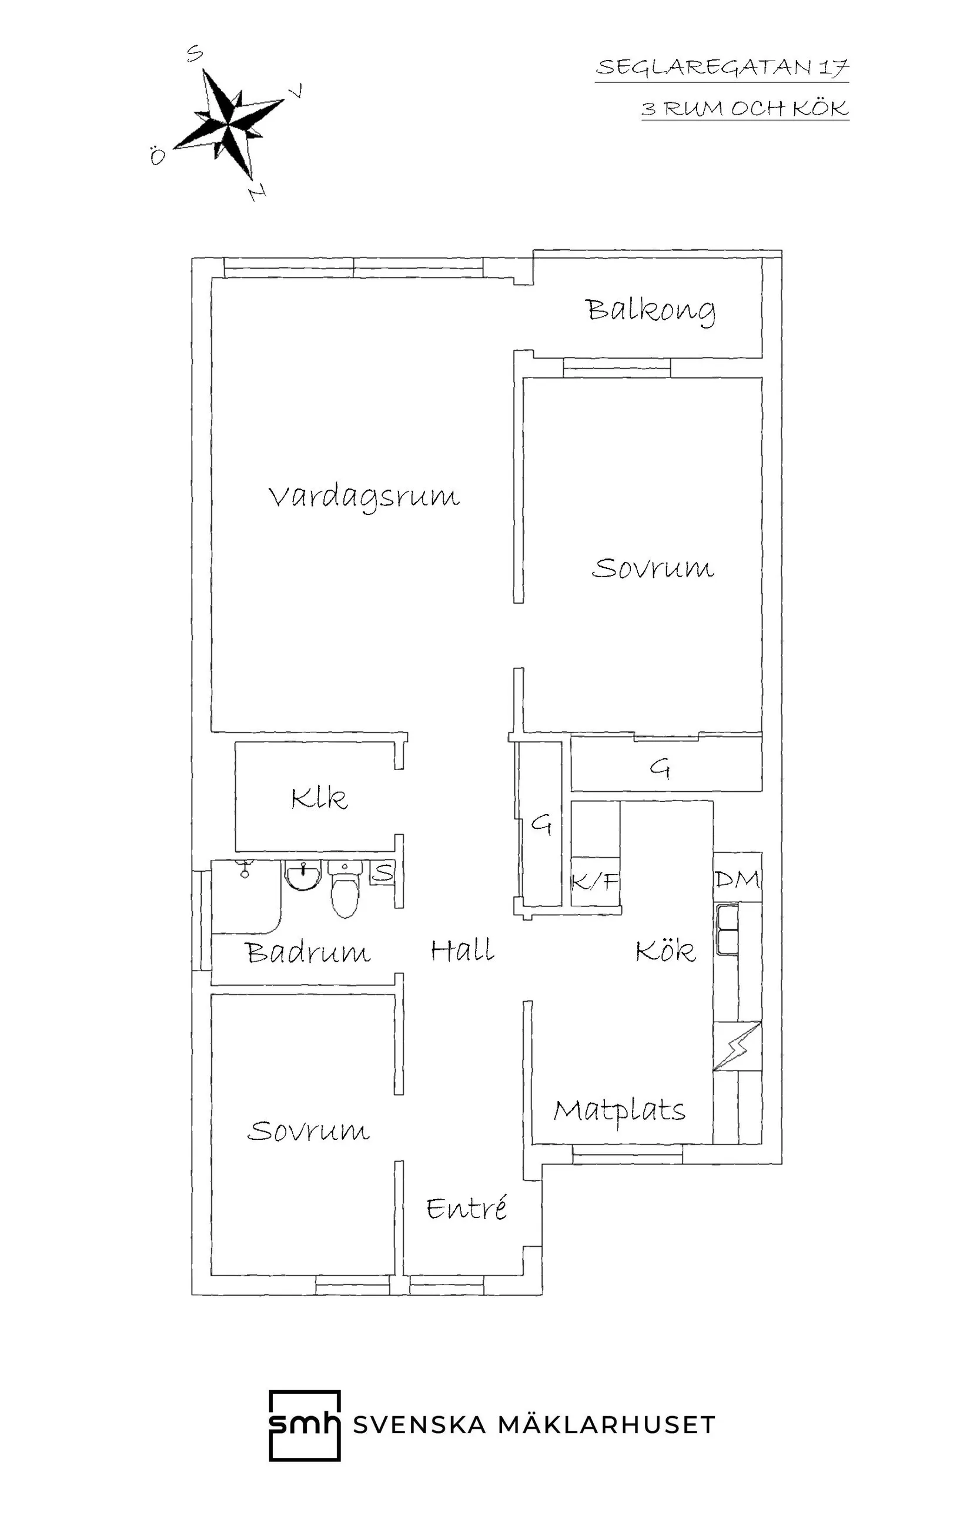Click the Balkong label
point(651,310)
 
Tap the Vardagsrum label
point(364,497)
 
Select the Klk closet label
point(319,798)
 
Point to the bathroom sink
point(303,875)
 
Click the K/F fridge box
point(595,882)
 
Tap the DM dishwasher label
point(737,879)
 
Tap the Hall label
point(462,951)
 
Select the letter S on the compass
point(195,55)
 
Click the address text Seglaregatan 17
point(722,67)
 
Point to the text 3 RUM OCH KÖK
point(744,108)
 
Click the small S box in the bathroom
point(382,874)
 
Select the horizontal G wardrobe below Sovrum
point(665,767)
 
